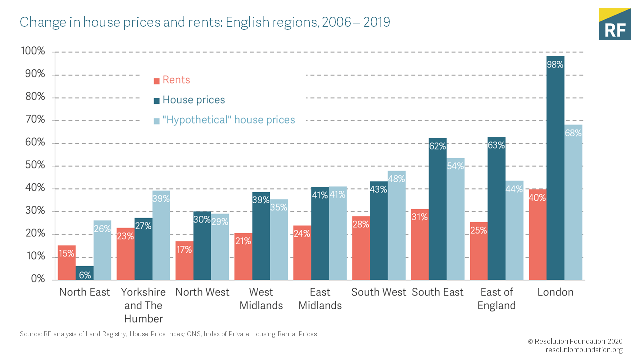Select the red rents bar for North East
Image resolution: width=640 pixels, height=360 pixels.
[x=67, y=263]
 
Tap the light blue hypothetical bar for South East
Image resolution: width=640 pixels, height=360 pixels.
[x=455, y=220]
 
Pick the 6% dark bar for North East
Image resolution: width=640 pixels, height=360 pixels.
[x=84, y=273]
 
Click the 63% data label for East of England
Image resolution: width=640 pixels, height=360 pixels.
[x=496, y=146]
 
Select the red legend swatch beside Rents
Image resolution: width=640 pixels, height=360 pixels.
[x=156, y=81]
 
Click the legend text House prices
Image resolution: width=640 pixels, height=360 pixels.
[x=194, y=100]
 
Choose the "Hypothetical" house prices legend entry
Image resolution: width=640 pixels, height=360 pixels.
[x=229, y=120]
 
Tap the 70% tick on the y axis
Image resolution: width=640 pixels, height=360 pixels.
[x=33, y=120]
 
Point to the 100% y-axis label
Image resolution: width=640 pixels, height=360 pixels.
[x=33, y=51]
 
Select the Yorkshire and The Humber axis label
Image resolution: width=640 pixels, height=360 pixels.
[x=144, y=305]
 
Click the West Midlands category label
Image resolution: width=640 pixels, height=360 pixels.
[x=261, y=299]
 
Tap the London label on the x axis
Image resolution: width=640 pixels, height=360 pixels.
[x=555, y=292]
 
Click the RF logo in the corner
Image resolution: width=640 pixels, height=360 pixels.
[x=615, y=24]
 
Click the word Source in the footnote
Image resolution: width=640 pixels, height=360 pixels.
[x=29, y=334]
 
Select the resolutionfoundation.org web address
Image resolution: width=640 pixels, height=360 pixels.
[x=584, y=350]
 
